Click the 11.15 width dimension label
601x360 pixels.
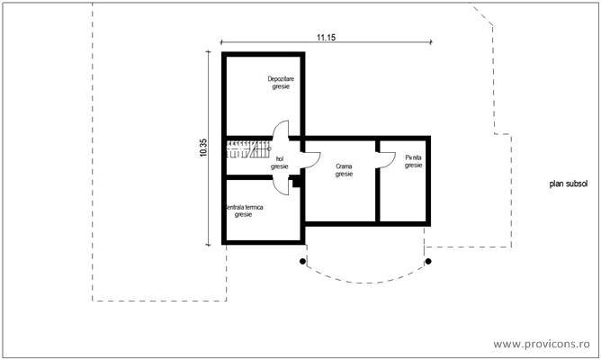(x=326, y=37)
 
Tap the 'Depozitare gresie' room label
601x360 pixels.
(x=281, y=83)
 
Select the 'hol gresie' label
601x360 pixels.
(x=279, y=162)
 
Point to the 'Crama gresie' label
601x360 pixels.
(x=344, y=170)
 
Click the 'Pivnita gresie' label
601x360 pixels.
(x=413, y=162)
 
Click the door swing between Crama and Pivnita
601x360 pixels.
(x=387, y=158)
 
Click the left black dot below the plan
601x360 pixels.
(x=303, y=261)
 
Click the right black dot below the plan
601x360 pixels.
(x=428, y=261)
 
